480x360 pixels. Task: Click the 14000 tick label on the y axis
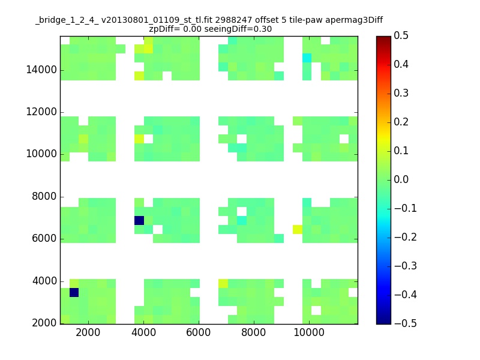[x=41, y=70]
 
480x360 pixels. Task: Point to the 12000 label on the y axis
[x=41, y=112]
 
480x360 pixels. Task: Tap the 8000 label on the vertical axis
[x=44, y=196]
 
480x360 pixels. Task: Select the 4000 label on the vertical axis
[x=44, y=281]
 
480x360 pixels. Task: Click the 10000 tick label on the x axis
[x=309, y=332]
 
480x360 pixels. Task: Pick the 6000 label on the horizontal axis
[x=199, y=332]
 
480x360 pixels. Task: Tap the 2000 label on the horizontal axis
[x=88, y=332]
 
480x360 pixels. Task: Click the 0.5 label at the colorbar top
[x=401, y=35]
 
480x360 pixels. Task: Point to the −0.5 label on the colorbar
[x=406, y=323]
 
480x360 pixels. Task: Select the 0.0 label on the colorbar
[x=401, y=179]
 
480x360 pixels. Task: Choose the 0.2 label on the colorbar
[x=401, y=122]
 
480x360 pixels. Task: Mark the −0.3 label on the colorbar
[x=406, y=266]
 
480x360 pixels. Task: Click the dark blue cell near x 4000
[x=139, y=220]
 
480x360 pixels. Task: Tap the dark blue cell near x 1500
[x=74, y=292]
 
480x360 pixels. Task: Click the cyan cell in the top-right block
[x=307, y=58]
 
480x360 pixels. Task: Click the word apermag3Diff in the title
[x=354, y=20]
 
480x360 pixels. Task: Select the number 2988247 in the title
[x=233, y=20]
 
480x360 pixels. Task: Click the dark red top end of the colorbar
[x=383, y=38]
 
